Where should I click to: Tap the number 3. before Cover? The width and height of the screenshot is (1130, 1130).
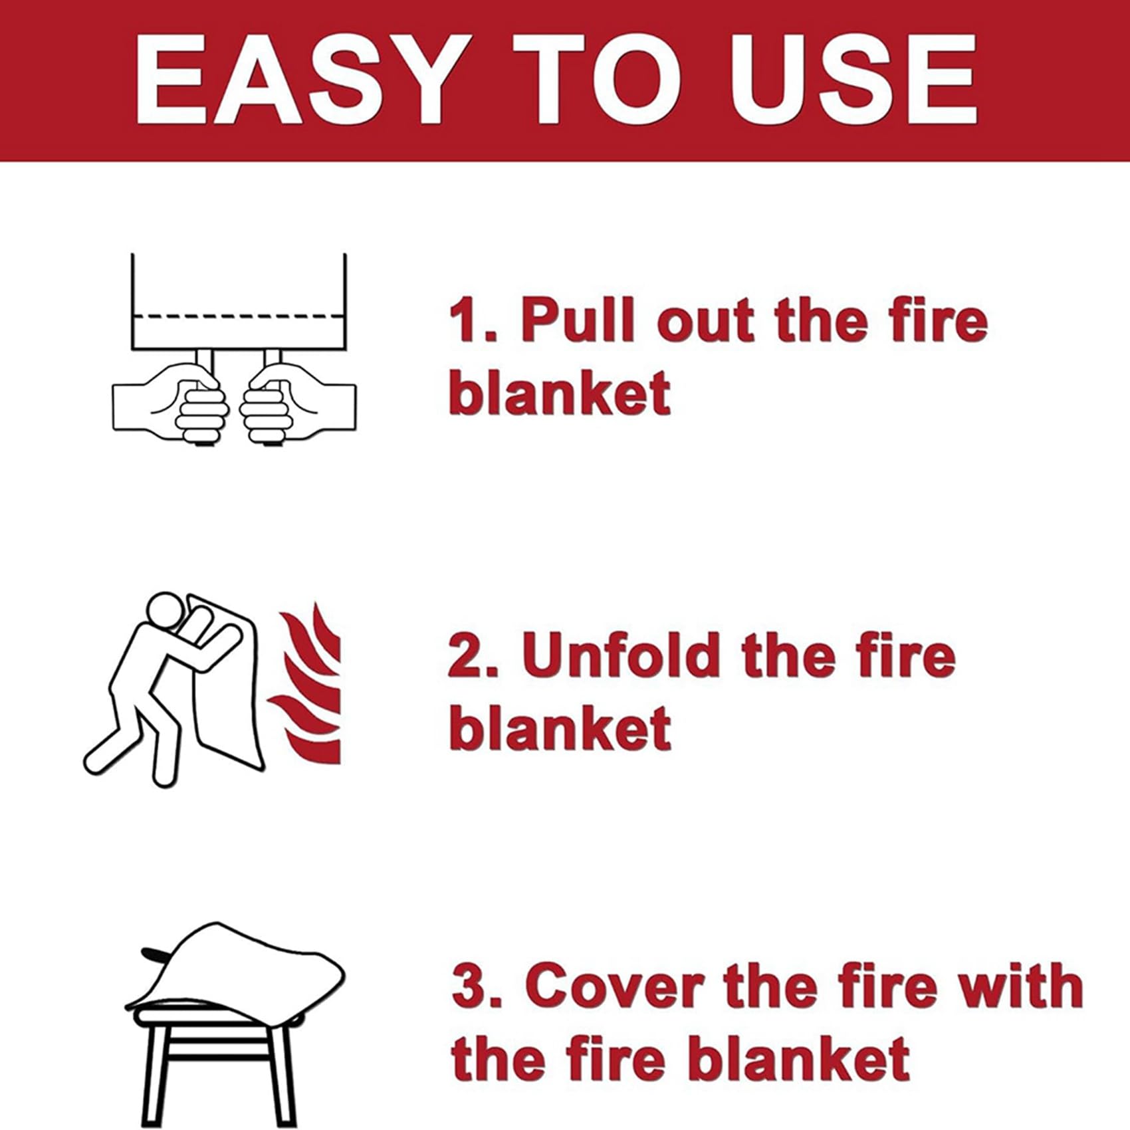(x=475, y=986)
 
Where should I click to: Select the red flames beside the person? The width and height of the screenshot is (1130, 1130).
(x=309, y=685)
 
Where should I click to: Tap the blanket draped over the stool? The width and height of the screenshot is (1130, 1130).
(x=239, y=964)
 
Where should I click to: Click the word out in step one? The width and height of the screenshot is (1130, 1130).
(x=706, y=322)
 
